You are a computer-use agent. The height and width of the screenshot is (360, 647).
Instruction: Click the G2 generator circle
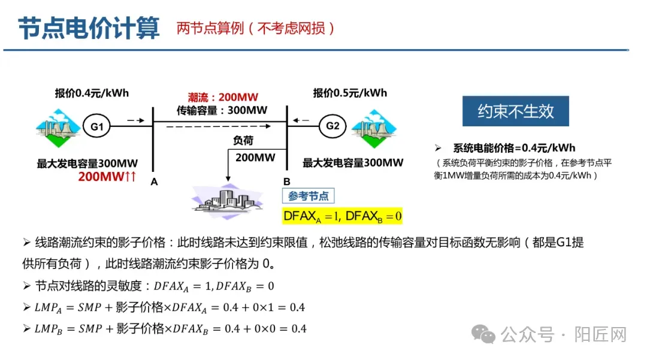[x=332, y=126]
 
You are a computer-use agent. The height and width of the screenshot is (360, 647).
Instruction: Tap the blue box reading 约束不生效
[x=515, y=111]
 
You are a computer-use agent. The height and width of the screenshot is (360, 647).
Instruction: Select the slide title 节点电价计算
[x=89, y=28]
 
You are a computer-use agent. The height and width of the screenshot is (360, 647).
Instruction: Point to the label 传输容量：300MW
[x=222, y=110]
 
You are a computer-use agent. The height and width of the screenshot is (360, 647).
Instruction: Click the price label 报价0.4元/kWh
[x=92, y=93]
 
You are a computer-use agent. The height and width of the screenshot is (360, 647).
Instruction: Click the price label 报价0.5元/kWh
[x=350, y=93]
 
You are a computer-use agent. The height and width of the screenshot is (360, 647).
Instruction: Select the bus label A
[x=154, y=182]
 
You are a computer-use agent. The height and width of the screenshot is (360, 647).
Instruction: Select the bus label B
[x=286, y=181]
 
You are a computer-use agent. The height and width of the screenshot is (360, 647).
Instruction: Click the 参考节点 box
[x=309, y=196]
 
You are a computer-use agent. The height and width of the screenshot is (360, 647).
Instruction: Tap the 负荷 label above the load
[x=243, y=141]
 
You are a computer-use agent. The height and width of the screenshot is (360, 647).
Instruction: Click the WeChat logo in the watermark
[x=483, y=334]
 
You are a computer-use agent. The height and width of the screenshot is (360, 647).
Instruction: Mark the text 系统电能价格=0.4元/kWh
[x=517, y=148]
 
